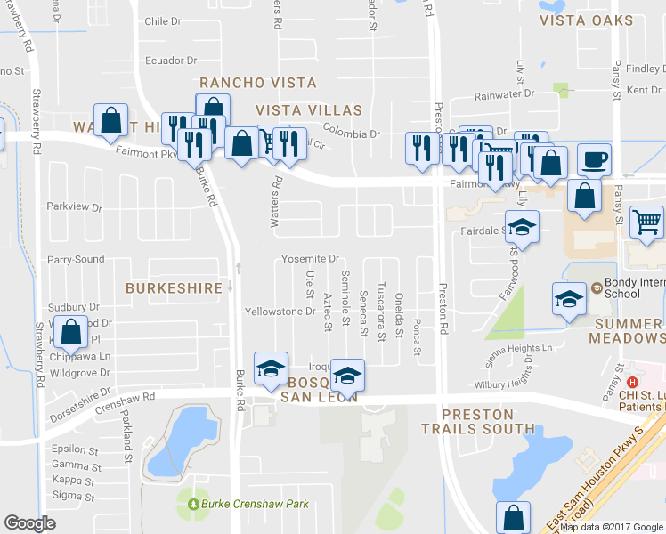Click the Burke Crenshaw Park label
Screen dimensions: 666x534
(x=256, y=504)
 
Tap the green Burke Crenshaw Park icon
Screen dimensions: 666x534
(x=193, y=505)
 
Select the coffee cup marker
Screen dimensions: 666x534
(x=594, y=160)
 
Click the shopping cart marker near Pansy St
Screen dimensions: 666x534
(x=647, y=222)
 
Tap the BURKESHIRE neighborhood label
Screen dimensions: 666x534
(x=174, y=288)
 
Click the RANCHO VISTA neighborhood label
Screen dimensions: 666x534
(x=258, y=83)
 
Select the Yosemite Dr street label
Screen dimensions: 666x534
(x=311, y=259)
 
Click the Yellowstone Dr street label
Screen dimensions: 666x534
(x=280, y=311)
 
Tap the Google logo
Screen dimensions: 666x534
(x=29, y=523)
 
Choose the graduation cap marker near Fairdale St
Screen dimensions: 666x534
(x=523, y=226)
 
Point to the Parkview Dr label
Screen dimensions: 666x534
(x=75, y=207)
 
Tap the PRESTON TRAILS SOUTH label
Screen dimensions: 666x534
(x=480, y=422)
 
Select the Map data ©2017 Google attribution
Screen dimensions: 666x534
(x=612, y=526)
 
